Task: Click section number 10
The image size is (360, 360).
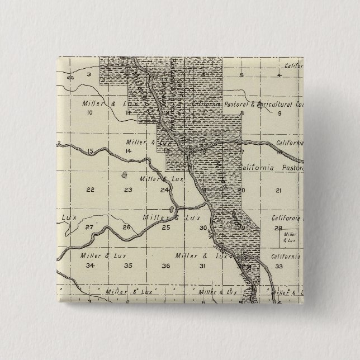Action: tap(89, 112)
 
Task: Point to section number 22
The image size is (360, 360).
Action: tap(90, 190)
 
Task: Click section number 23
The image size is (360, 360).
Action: tap(128, 190)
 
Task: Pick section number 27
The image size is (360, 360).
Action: tap(89, 227)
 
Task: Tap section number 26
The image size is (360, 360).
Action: tap(126, 227)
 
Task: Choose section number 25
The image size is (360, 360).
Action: tap(165, 227)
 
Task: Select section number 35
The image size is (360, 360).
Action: tap(127, 265)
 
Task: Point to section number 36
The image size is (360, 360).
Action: tap(166, 265)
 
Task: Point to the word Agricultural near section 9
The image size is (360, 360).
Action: tap(272, 105)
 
